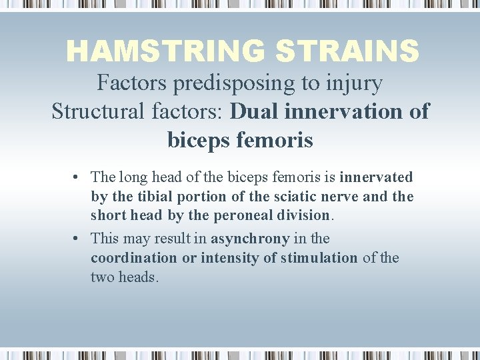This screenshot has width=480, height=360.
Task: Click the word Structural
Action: point(93,111)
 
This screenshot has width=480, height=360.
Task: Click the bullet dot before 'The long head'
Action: point(77,177)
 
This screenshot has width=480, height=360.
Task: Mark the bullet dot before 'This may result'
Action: point(77,239)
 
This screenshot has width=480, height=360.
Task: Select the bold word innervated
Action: point(376,177)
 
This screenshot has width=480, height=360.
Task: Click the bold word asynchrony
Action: point(250,239)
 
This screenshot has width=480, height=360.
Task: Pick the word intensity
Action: point(228,258)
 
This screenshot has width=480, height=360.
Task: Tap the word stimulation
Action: point(317,258)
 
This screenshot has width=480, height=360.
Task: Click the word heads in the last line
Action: point(138,277)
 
